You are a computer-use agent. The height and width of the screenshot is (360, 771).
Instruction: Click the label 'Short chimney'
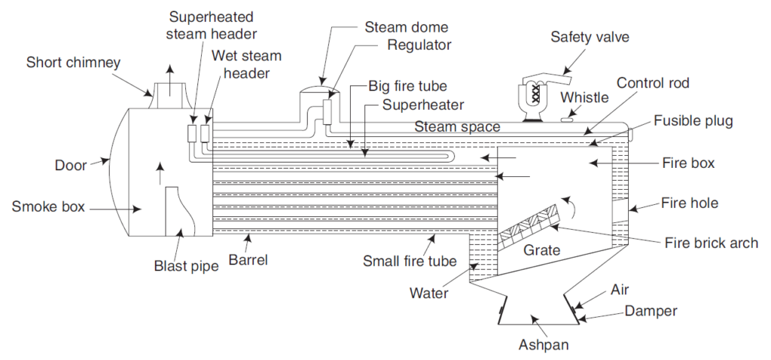pyautogui.click(x=72, y=62)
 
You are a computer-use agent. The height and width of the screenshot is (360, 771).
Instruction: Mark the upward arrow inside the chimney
pyautogui.click(x=171, y=83)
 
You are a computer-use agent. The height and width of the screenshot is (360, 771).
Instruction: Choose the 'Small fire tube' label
pyautogui.click(x=410, y=261)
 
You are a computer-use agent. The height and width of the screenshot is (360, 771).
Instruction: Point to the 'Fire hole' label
pyautogui.click(x=690, y=203)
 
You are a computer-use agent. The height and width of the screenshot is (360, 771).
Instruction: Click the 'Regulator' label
pyautogui.click(x=419, y=44)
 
